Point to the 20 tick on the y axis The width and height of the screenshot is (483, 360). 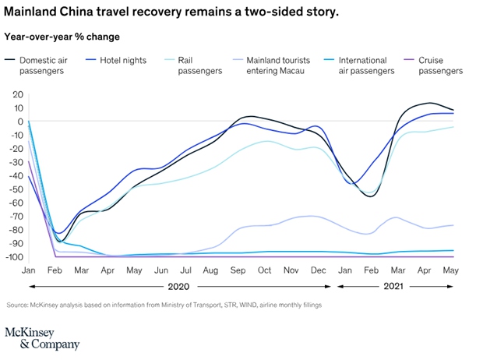(x=17, y=94)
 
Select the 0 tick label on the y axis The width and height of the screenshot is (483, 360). (x=19, y=122)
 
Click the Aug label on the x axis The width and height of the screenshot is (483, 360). (x=210, y=270)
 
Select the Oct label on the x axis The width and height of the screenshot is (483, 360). (x=264, y=270)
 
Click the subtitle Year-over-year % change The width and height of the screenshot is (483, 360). (x=62, y=36)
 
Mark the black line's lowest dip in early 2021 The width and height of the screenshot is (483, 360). (x=370, y=196)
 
